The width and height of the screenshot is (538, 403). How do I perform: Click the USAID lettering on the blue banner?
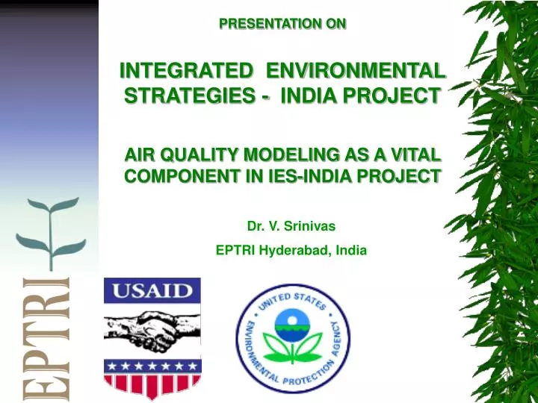click(152, 290)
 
